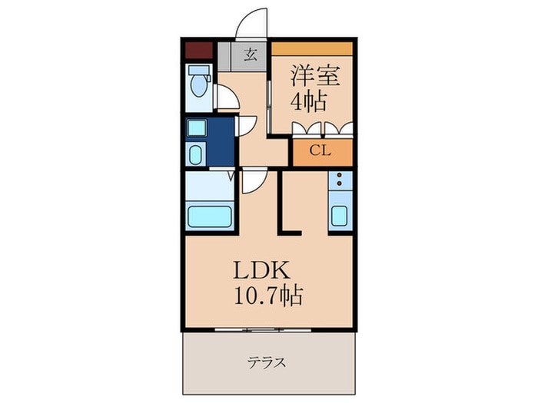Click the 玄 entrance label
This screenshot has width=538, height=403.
(x=251, y=55)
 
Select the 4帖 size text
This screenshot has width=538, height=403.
(x=308, y=101)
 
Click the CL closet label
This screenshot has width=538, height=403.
(x=320, y=150)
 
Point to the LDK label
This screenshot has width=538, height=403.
(x=262, y=271)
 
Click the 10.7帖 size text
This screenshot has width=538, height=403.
(x=268, y=296)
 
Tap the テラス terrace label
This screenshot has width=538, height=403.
(x=267, y=362)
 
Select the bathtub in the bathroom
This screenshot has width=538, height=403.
(x=209, y=216)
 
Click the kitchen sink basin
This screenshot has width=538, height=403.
(x=339, y=216)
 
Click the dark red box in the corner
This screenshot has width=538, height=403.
(x=198, y=51)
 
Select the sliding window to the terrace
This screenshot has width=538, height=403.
(x=263, y=330)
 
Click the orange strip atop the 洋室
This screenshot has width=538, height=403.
(x=312, y=48)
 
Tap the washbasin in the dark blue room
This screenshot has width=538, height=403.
(x=196, y=155)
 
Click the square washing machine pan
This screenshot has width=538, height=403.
(x=197, y=128)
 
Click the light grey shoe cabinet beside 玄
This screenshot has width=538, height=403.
(x=224, y=57)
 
